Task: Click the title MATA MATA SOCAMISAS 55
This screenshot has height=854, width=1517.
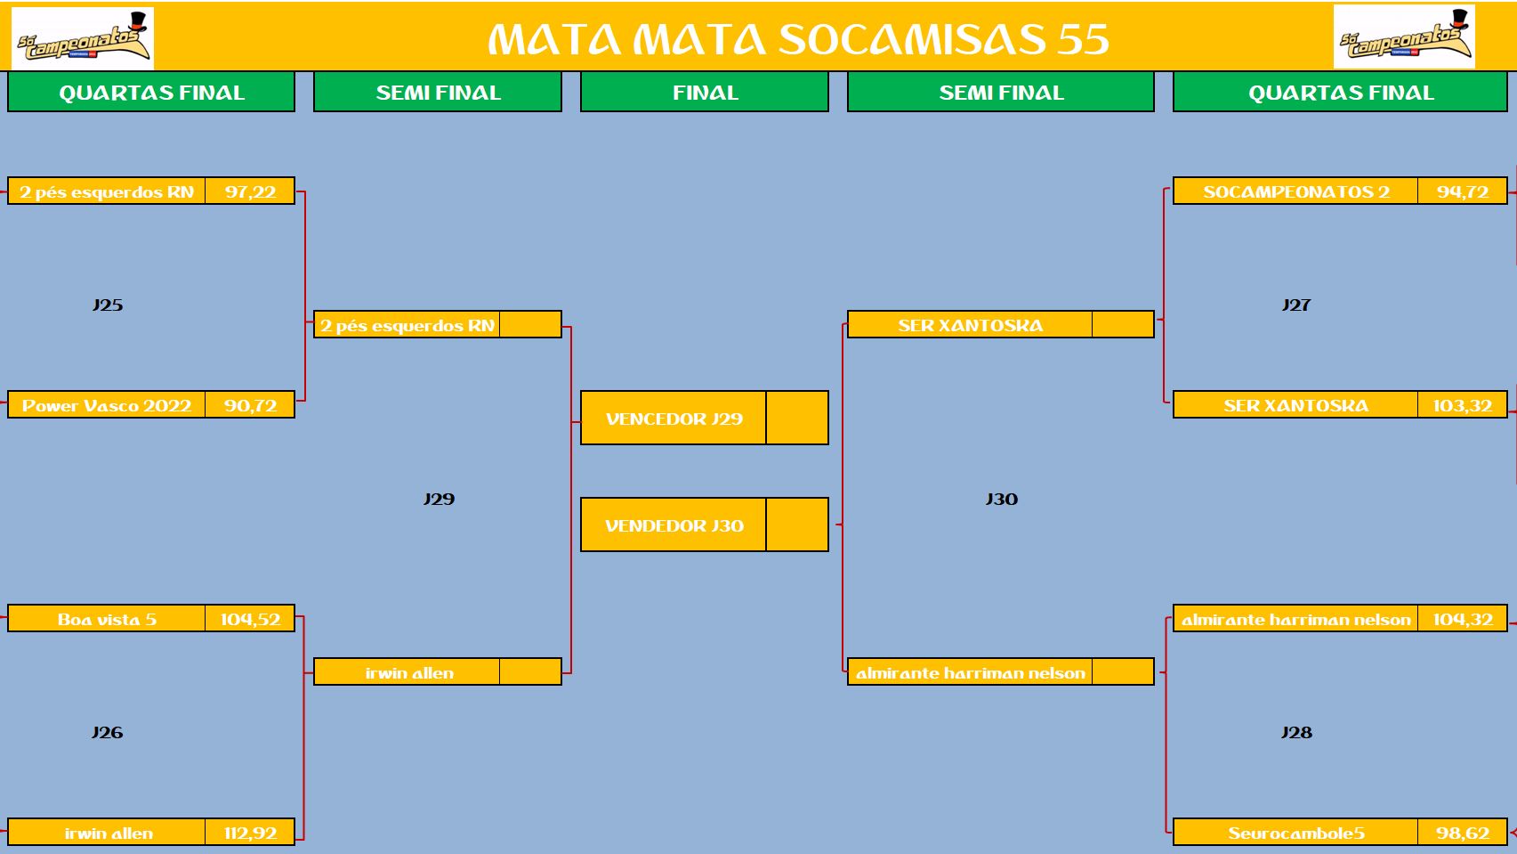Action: [798, 39]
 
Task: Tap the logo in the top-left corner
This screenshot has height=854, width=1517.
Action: [83, 38]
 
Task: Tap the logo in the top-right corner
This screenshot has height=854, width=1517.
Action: [1404, 37]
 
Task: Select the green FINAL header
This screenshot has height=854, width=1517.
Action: [705, 93]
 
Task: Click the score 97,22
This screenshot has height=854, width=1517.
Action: [250, 191]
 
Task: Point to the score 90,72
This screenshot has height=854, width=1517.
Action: [250, 405]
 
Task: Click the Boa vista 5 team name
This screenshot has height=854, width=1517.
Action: [107, 620]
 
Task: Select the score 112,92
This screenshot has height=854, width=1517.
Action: [250, 833]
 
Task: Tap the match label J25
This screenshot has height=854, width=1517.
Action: [108, 305]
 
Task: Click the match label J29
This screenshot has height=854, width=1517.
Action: [439, 500]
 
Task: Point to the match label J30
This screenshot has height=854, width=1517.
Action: [1001, 500]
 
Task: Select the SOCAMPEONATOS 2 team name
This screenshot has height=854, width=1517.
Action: [1296, 191]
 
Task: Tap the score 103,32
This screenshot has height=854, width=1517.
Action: [1462, 405]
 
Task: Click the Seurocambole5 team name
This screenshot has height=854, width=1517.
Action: [1296, 833]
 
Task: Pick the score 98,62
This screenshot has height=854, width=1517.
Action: [1463, 833]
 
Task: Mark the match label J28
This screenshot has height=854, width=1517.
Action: [1296, 733]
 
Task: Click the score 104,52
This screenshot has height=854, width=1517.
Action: [250, 620]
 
